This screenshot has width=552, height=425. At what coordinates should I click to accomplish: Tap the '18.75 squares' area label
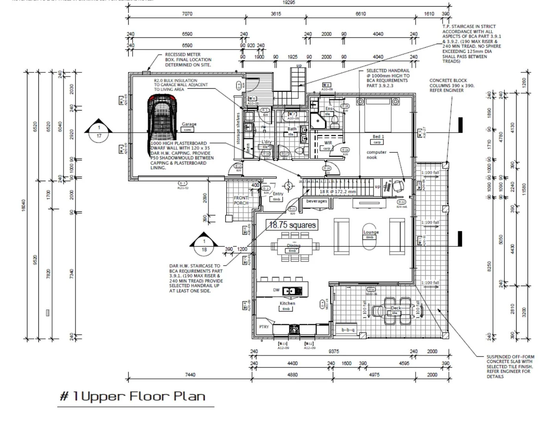(292, 225)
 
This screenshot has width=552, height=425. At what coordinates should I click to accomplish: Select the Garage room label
(189, 124)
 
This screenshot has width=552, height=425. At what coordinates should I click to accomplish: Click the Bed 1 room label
(378, 137)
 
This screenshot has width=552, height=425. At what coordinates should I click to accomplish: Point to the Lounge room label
(371, 232)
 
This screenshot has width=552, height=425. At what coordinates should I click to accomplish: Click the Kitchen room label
(287, 303)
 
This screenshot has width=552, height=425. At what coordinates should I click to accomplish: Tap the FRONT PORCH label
(241, 200)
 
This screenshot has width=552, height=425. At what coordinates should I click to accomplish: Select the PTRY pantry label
(264, 327)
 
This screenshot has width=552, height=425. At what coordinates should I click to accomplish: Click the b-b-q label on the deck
(348, 330)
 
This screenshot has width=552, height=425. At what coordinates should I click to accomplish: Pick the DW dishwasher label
(276, 290)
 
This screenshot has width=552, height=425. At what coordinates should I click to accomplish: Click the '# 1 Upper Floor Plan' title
(132, 396)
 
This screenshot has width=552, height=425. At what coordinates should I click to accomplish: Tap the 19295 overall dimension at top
(288, 2)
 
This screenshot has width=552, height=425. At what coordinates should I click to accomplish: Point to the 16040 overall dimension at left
(23, 205)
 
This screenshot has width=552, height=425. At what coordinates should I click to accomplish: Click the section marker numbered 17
(99, 131)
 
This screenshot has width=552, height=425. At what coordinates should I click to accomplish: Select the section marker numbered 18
(204, 246)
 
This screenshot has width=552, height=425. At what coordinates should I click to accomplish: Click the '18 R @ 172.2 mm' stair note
(337, 192)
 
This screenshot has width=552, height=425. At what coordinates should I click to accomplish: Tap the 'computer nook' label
(377, 155)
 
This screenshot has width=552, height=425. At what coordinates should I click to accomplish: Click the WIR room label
(328, 143)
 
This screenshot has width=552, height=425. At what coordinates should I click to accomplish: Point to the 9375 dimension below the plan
(333, 351)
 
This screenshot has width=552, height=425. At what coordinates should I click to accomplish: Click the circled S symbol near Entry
(288, 186)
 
